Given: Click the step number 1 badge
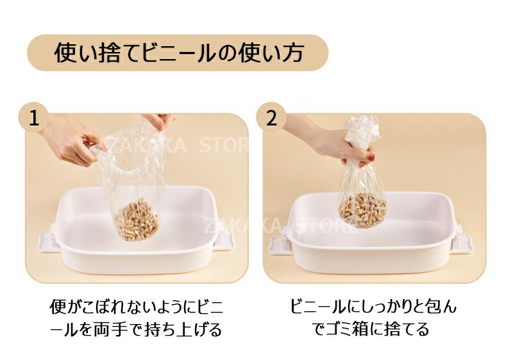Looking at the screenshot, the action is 34,118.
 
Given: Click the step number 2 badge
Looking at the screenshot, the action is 271,118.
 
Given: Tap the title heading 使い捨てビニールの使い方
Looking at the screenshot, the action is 179,53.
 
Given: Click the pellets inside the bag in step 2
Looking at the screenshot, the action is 363,209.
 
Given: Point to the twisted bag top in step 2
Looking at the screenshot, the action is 362,132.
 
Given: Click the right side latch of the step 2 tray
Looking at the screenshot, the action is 462,244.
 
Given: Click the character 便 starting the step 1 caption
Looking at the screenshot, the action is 57,307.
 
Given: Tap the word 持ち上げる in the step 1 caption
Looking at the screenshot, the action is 182,329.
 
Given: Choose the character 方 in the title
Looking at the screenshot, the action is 292,53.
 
